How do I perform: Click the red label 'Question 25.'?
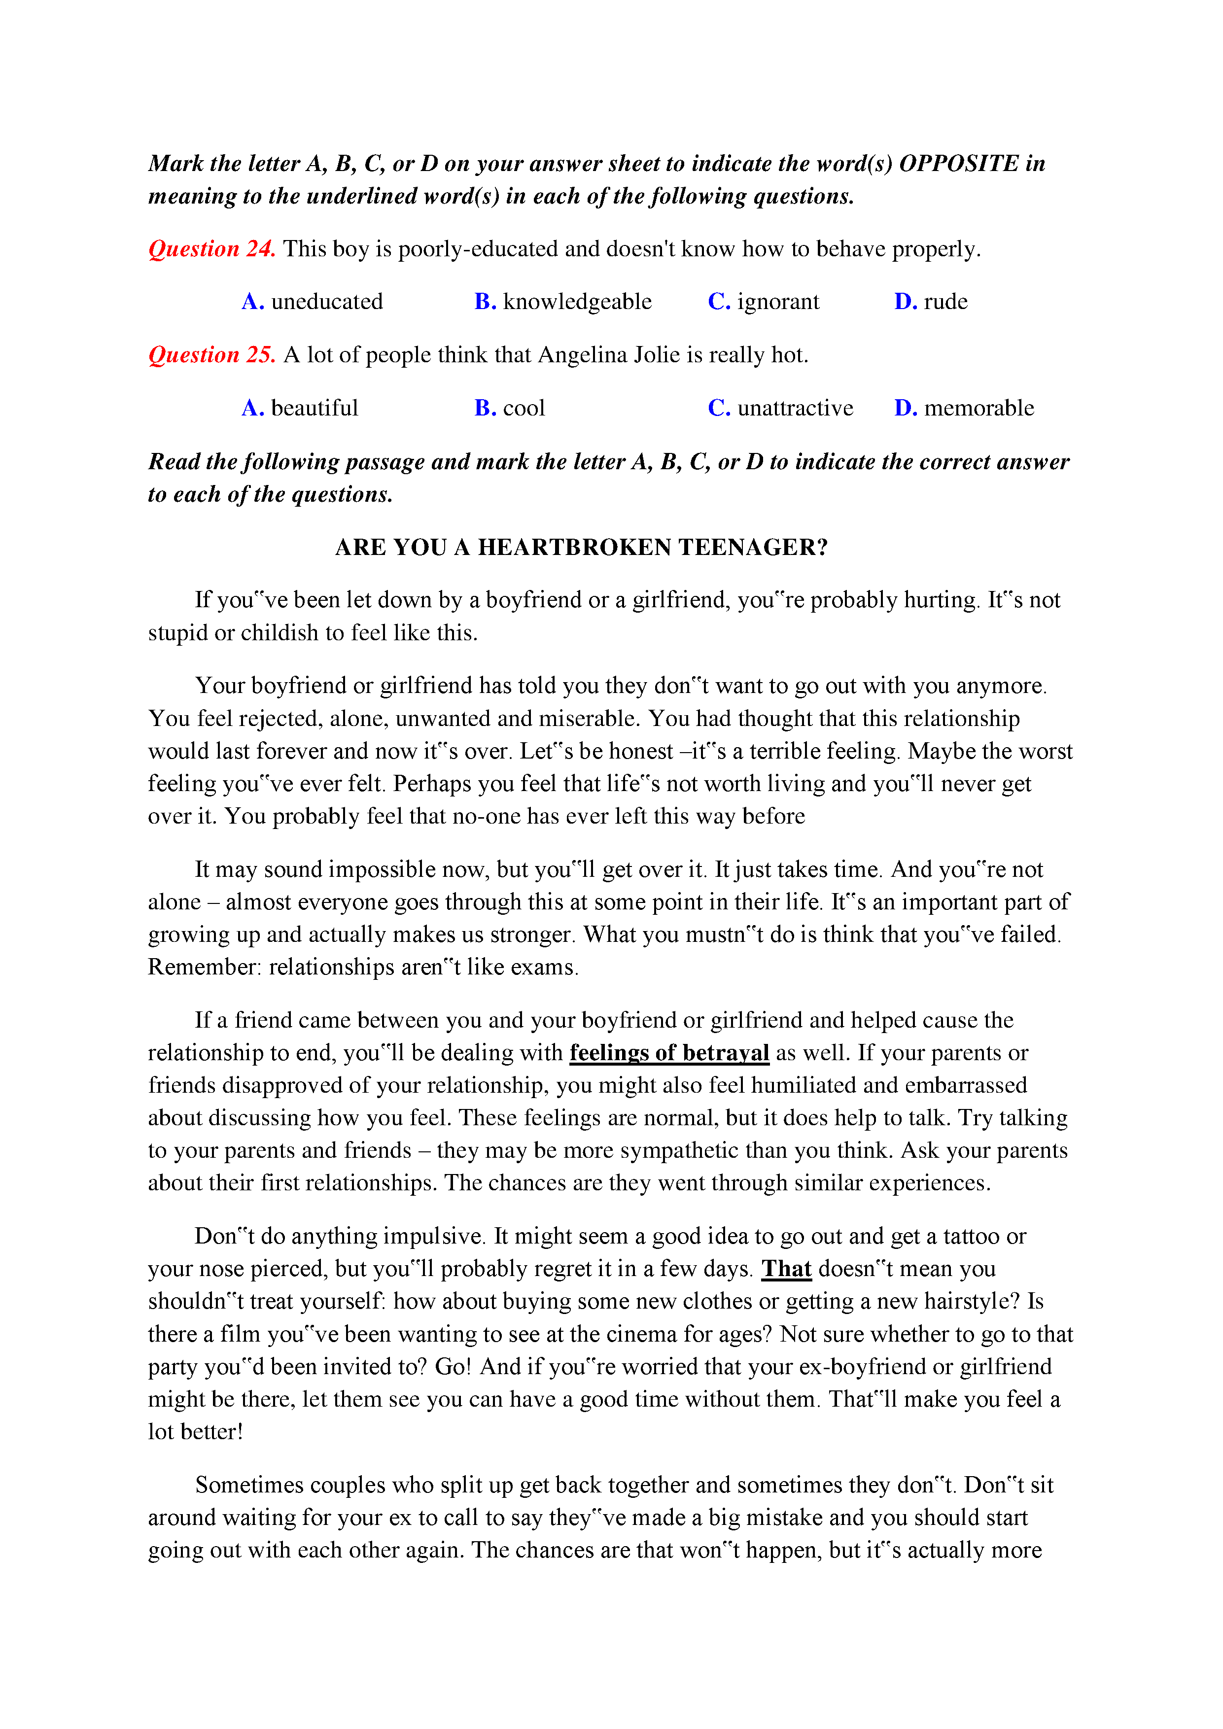coord(211,355)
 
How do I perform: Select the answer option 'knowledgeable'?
coord(577,302)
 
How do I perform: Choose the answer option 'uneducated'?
coord(327,302)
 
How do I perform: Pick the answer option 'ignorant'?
coord(778,302)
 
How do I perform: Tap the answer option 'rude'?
coord(945,302)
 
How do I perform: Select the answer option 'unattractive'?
coord(795,408)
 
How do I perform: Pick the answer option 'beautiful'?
coord(314,408)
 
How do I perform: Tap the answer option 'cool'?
coord(524,408)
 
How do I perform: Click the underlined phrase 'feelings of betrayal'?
coord(669,1053)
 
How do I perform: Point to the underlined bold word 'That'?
coord(786,1269)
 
